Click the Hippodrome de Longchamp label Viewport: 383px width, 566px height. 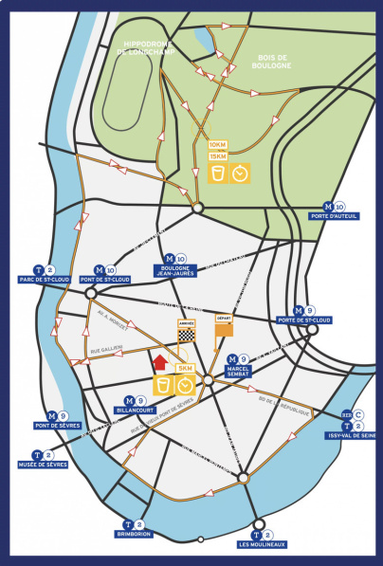click(x=151, y=48)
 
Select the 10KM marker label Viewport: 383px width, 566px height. click(x=218, y=144)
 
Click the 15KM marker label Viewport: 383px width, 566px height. click(x=218, y=156)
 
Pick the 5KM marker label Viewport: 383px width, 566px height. click(x=186, y=368)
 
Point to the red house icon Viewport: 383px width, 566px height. click(x=159, y=361)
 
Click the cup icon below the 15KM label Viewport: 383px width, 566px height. click(x=218, y=174)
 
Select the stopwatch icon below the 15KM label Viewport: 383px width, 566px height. click(x=242, y=174)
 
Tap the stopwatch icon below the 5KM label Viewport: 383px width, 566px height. click(x=186, y=385)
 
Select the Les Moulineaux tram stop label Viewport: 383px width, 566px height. click(x=257, y=544)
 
